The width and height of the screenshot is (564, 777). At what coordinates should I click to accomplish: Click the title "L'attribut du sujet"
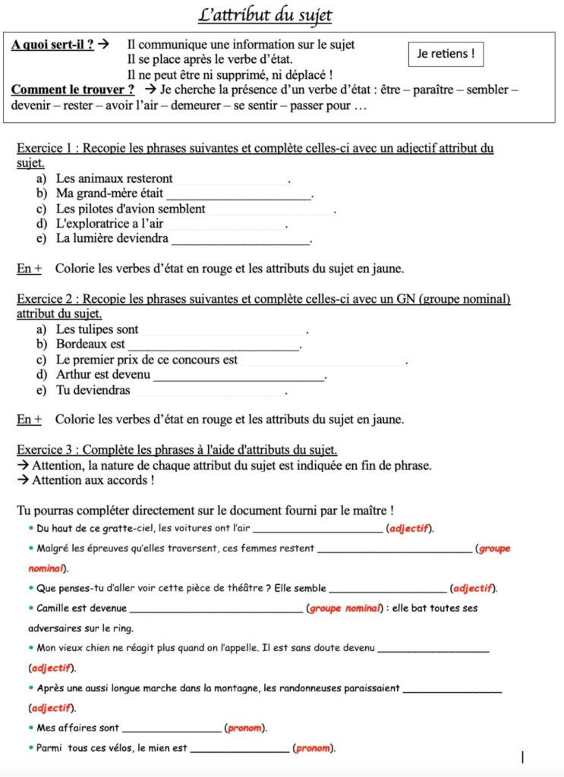coord(265,16)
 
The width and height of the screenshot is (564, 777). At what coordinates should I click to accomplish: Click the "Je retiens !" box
coord(446,54)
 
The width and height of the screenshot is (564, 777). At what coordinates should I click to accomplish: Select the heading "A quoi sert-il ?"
coord(52,45)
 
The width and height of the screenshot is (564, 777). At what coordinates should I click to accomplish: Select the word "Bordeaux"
coord(80,344)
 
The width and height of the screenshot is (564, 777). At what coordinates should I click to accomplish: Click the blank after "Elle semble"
coord(389,588)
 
